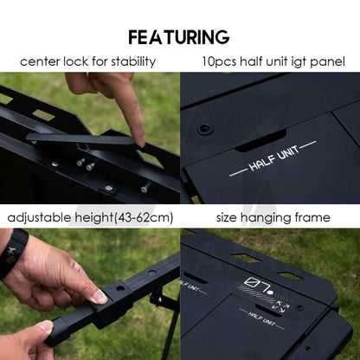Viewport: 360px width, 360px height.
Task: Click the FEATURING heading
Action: (179, 37)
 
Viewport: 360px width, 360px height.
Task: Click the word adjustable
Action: (40, 217)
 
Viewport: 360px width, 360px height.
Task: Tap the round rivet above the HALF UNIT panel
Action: (205, 128)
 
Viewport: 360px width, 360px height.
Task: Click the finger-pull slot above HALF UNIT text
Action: (260, 141)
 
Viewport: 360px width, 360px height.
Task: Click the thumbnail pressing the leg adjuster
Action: (100, 296)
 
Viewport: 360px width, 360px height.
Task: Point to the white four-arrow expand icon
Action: (281, 307)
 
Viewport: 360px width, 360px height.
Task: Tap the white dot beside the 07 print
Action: (270, 292)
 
